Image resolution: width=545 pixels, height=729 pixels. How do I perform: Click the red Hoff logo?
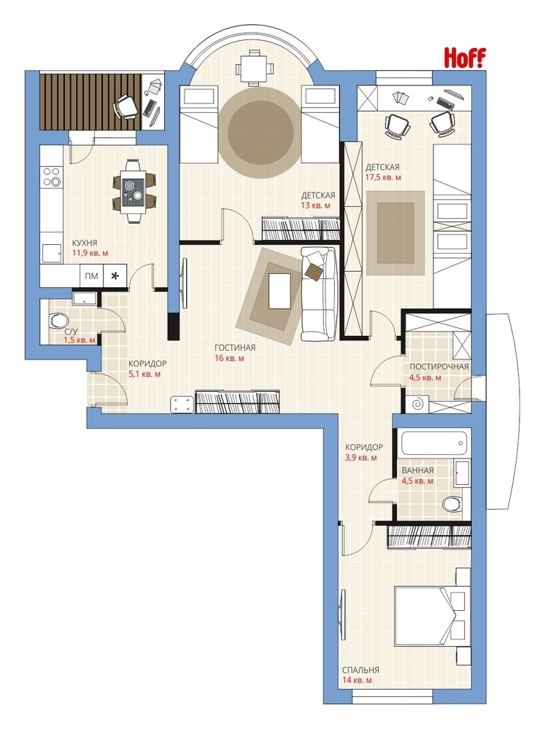[465, 58]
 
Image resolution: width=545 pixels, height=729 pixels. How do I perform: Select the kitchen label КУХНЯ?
[84, 243]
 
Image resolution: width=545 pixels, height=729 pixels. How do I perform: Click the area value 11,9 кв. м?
[89, 254]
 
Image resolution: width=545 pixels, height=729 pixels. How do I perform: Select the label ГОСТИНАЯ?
[235, 348]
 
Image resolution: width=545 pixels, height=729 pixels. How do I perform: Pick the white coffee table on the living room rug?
[279, 291]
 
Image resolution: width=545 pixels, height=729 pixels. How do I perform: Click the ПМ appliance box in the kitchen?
[92, 276]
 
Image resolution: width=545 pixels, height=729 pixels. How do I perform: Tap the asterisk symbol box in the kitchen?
[115, 276]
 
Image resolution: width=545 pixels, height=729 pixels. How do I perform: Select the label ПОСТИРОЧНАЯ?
[439, 367]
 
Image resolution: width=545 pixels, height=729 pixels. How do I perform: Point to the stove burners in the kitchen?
[52, 176]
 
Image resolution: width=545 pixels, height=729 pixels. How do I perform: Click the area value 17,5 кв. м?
[384, 177]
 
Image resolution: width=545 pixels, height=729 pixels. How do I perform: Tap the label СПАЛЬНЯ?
[360, 670]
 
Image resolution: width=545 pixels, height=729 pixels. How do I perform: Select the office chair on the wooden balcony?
[125, 106]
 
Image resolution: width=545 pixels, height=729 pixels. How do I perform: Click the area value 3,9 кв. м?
[361, 458]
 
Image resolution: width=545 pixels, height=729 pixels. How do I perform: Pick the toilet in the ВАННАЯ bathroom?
[452, 503]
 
